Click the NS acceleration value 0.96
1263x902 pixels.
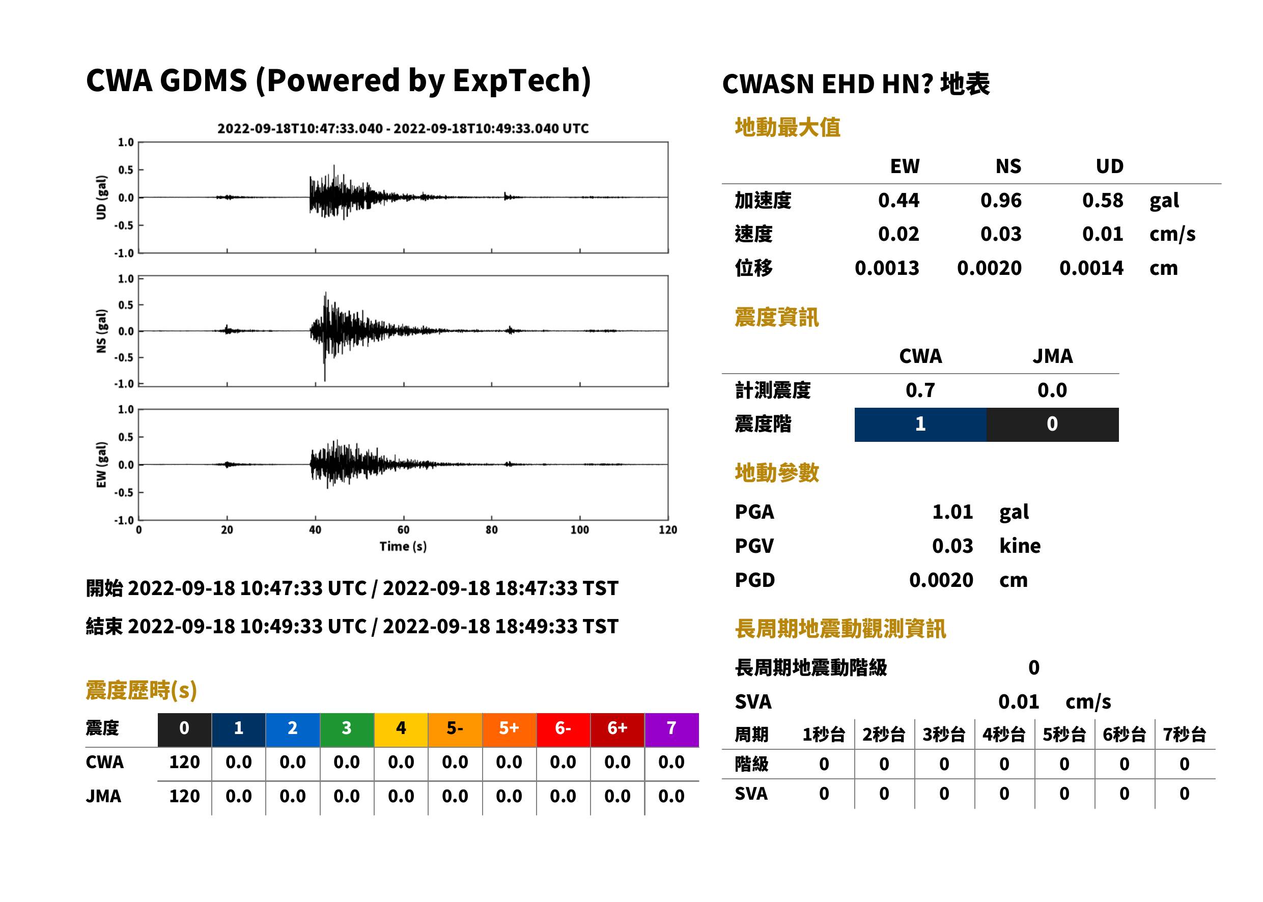coord(1000,201)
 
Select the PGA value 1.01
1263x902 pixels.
coord(952,512)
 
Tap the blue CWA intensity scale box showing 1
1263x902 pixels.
coord(920,425)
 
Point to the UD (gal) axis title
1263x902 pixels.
coord(101,197)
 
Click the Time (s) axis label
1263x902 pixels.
coord(403,547)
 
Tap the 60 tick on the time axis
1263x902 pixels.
coord(403,530)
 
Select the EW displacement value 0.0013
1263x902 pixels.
coord(886,268)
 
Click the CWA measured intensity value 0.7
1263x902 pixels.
coord(920,390)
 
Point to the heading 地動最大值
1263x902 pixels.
coord(788,127)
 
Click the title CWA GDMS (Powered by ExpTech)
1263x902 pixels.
coord(338,80)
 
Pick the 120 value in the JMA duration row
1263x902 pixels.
coord(184,796)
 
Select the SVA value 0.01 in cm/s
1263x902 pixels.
coord(1018,701)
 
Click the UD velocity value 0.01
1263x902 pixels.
coord(1103,234)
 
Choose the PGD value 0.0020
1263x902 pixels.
coord(941,580)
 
